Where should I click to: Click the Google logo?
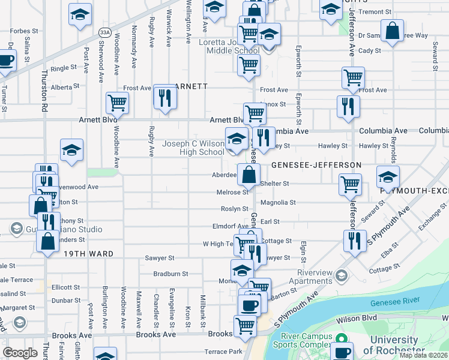pyautogui.click(x=20, y=353)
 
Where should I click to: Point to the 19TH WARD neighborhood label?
pyautogui.click(x=89, y=254)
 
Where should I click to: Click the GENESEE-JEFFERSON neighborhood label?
pyautogui.click(x=316, y=164)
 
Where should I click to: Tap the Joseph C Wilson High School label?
pyautogui.click(x=193, y=148)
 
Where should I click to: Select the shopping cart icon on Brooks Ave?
pyautogui.click(x=245, y=326)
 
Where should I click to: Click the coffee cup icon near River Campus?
pyautogui.click(x=343, y=353)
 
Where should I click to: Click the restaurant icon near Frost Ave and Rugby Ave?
pyautogui.click(x=165, y=97)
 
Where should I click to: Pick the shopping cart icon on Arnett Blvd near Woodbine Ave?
pyautogui.click(x=118, y=103)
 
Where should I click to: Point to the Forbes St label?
pyautogui.click(x=24, y=30)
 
